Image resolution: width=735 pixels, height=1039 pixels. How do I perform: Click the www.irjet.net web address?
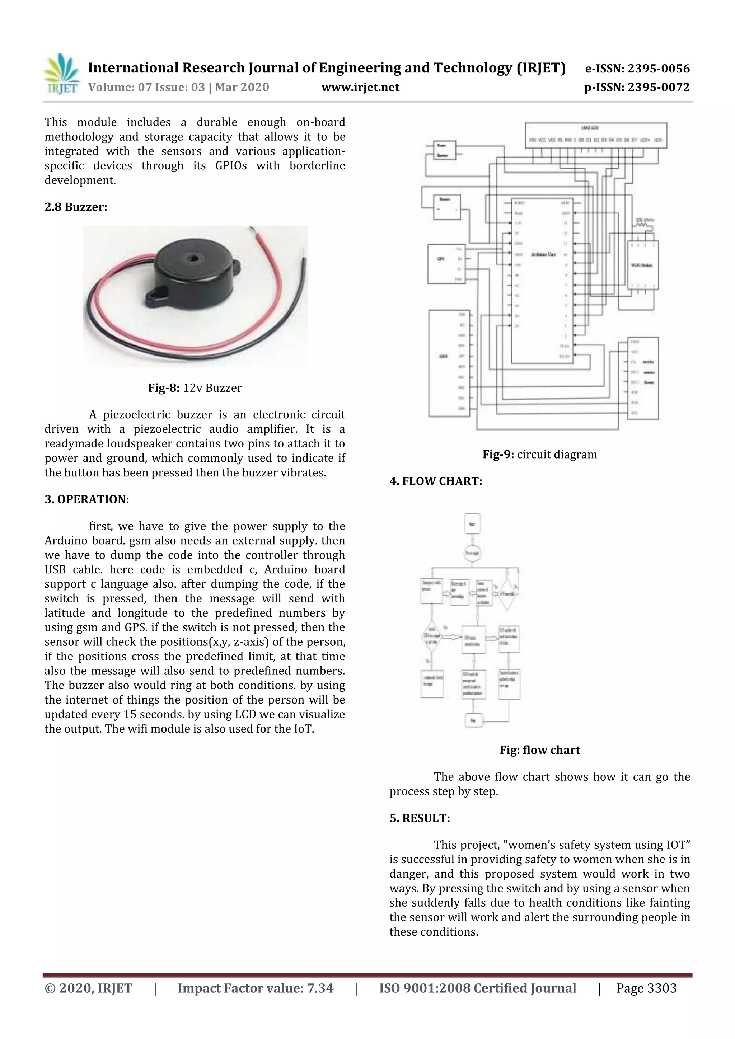[360, 87]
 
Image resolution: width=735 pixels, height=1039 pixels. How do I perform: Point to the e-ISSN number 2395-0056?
[658, 69]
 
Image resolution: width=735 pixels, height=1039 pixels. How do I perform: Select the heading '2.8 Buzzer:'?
[76, 207]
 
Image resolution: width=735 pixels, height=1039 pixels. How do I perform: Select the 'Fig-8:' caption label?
[164, 388]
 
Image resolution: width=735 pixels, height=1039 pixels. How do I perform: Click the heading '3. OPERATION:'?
[86, 500]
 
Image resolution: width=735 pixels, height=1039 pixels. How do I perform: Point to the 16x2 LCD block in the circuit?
[596, 135]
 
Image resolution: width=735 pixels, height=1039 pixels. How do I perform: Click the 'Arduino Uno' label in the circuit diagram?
[543, 255]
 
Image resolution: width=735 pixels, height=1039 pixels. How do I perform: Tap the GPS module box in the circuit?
[446, 264]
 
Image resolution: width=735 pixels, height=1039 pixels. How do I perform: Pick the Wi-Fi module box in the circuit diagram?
[642, 265]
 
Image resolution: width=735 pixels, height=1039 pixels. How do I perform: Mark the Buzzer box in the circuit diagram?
[447, 207]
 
